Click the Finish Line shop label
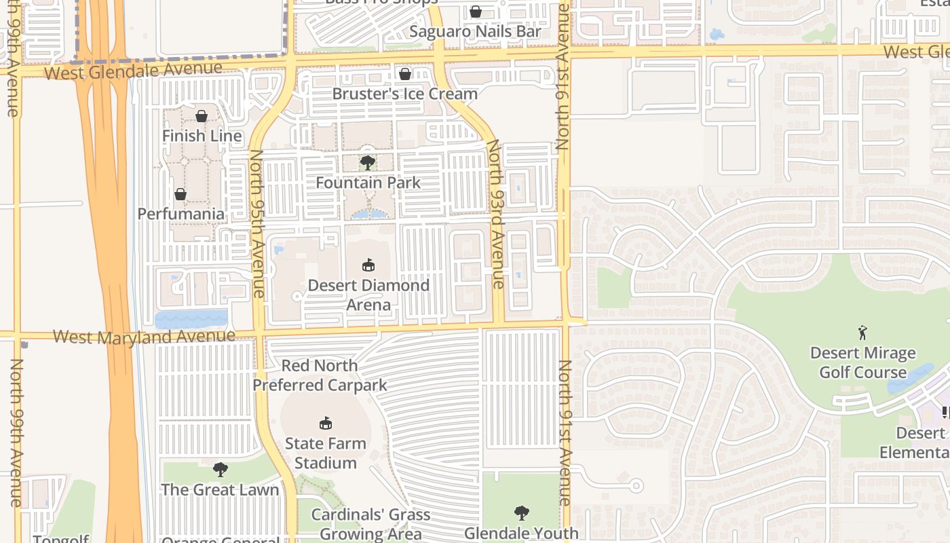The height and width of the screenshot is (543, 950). tap(202, 136)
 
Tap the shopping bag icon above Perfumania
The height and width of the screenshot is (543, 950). tap(180, 194)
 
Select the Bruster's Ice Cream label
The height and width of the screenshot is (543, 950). tap(404, 94)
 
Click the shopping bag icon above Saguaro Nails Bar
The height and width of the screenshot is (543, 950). tap(476, 12)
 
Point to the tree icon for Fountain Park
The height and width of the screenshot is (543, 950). tap(368, 163)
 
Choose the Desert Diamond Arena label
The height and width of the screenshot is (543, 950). tap(368, 295)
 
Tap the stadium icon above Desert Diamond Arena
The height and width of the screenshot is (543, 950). tap(368, 265)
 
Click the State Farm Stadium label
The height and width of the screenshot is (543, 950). tap(325, 453)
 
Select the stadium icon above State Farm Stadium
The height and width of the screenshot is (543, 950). tap(326, 424)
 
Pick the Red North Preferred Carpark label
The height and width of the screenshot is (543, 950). tap(320, 375)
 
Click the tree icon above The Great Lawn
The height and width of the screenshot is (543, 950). tap(220, 469)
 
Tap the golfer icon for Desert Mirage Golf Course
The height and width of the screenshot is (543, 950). tap(862, 333)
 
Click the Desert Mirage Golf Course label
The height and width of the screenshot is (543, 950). tap(862, 362)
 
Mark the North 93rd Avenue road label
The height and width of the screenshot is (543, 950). tap(497, 214)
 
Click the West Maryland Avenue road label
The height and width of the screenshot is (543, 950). tap(144, 336)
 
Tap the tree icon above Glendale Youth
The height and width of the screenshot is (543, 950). tap(521, 512)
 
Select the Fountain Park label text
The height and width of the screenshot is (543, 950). tap(368, 183)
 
